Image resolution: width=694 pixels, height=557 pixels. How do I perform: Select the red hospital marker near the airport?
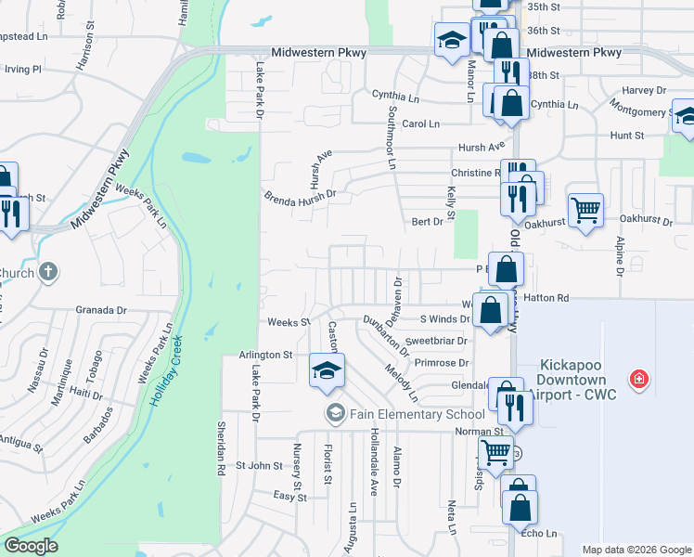[638, 379]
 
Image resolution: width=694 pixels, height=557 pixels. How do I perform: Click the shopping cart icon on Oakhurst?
[585, 210]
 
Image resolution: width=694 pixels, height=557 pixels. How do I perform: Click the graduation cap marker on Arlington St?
[326, 370]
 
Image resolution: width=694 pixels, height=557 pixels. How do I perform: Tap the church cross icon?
[48, 273]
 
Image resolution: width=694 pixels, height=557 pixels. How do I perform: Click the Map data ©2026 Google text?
[636, 550]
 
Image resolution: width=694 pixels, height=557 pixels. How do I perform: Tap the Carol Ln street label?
[420, 123]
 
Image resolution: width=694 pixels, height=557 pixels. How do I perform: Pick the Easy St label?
[289, 497]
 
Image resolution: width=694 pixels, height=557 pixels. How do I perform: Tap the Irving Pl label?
[23, 69]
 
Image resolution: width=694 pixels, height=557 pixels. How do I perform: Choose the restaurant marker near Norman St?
[511, 405]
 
